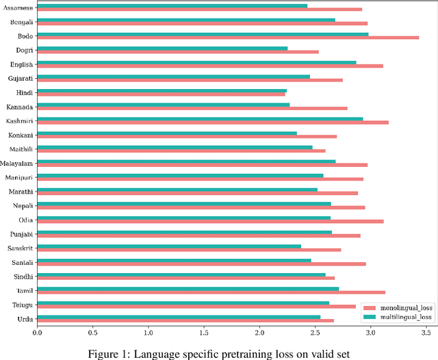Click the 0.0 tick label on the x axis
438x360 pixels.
click(x=37, y=333)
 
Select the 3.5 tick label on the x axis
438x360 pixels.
click(x=426, y=333)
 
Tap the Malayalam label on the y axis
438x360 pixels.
click(x=16, y=163)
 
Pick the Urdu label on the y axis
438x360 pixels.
click(x=24, y=319)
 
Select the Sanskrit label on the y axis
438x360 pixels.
click(x=20, y=248)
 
